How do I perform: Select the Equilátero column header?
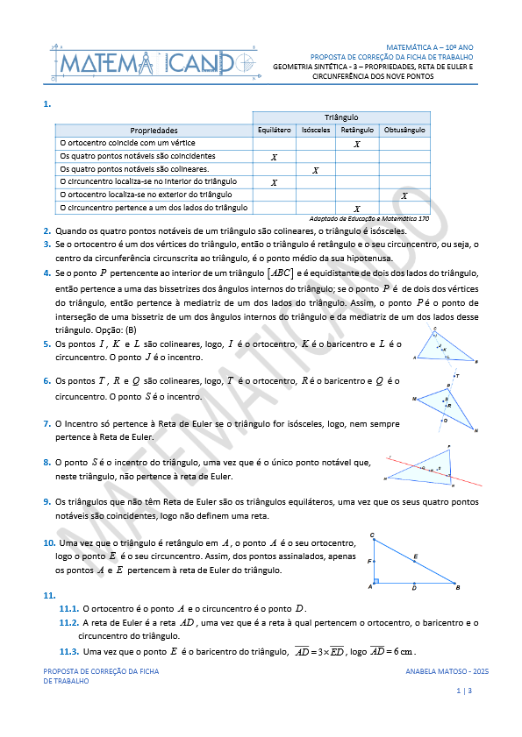pos(274,130)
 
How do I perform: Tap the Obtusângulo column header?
pos(404,130)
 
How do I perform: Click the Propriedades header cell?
pos(154,130)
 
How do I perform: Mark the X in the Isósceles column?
pos(315,169)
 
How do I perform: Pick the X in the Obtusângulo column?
pos(404,195)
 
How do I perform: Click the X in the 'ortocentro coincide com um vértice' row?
pos(356,143)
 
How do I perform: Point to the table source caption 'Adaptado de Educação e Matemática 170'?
pos(369,218)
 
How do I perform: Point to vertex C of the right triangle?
pos(372,535)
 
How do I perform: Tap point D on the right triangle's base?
pos(414,589)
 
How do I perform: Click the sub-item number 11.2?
pos(68,623)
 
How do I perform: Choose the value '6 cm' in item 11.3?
pos(403,652)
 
